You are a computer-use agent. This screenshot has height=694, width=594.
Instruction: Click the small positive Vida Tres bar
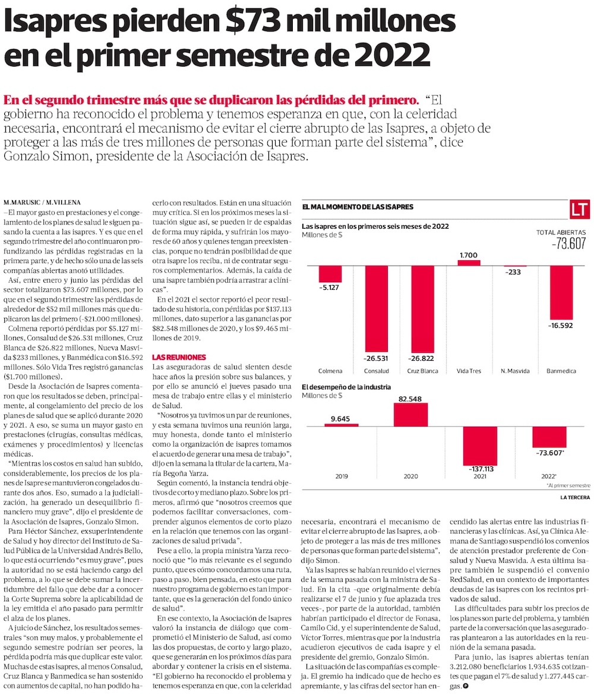pyautogui.click(x=468, y=262)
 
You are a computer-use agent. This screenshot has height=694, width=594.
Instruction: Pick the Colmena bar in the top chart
pyautogui.click(x=330, y=274)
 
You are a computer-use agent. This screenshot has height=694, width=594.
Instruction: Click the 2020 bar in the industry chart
pyautogui.click(x=410, y=415)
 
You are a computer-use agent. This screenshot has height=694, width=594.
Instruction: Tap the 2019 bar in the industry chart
pyautogui.click(x=341, y=425)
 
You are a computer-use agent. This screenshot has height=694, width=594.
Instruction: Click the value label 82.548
pyautogui.click(x=410, y=398)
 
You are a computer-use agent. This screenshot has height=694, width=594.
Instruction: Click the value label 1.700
pyautogui.click(x=468, y=255)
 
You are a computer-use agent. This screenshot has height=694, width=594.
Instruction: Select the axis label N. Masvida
pyautogui.click(x=515, y=371)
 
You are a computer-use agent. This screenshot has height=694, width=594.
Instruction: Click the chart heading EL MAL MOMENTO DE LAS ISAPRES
pyautogui.click(x=358, y=207)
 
